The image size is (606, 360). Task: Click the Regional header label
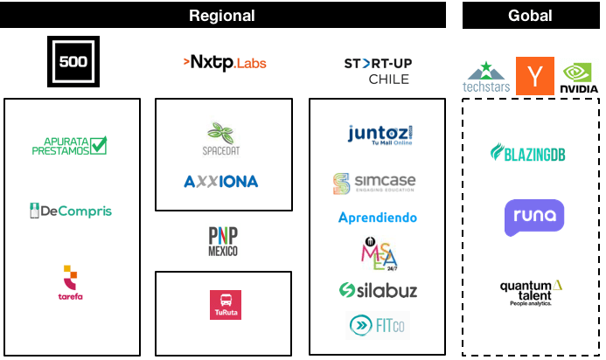click(x=222, y=15)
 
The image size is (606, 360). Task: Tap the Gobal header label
click(x=530, y=15)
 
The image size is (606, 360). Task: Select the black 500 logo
click(x=73, y=61)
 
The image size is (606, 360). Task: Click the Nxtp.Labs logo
click(x=224, y=63)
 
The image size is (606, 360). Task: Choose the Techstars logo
click(x=486, y=77)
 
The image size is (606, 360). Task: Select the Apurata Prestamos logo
click(x=74, y=145)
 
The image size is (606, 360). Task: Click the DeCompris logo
click(x=71, y=211)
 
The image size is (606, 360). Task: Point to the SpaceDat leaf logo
click(x=221, y=137)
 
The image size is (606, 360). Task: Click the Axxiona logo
click(x=220, y=182)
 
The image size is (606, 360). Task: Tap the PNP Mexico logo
click(x=223, y=240)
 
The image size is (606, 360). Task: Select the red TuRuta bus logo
click(x=225, y=303)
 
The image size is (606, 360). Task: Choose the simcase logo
click(x=374, y=183)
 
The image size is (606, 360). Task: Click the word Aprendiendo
click(x=378, y=218)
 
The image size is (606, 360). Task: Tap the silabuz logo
click(x=378, y=290)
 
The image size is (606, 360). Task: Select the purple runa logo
click(x=533, y=218)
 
